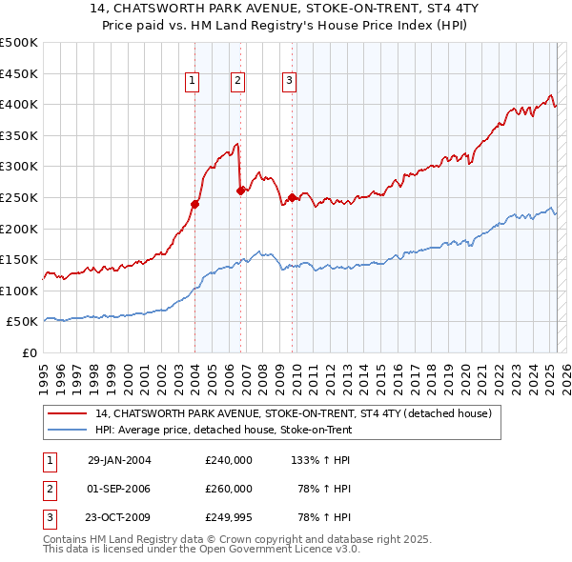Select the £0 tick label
click(30, 352)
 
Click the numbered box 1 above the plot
click(193, 82)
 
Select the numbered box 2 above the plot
click(237, 82)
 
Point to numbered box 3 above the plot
click(288, 82)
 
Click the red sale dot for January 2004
click(194, 204)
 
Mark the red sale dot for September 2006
click(240, 191)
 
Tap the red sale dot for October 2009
click(292, 197)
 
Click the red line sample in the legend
click(68, 414)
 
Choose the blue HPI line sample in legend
click(68, 430)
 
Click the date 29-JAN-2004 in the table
click(119, 460)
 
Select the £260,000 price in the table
click(229, 489)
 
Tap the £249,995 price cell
click(229, 517)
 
